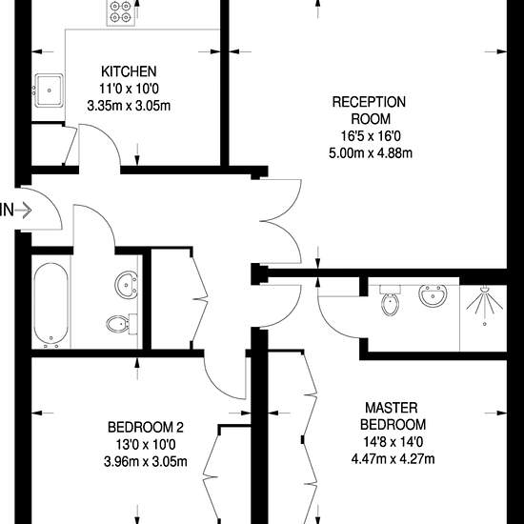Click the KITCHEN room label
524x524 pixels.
pyautogui.click(x=129, y=71)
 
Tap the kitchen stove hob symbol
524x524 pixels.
pyautogui.click(x=121, y=12)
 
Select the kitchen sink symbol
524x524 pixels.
pyautogui.click(x=49, y=91)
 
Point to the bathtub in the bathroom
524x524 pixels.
pyautogui.click(x=51, y=305)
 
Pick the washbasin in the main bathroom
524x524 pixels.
pyautogui.click(x=127, y=284)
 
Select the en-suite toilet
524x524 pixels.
pyautogui.click(x=390, y=300)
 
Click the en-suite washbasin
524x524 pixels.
pyautogui.click(x=433, y=295)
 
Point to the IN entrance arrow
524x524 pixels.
pyautogui.click(x=23, y=211)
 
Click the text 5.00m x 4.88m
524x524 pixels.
pyautogui.click(x=371, y=153)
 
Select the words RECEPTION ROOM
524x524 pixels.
pyautogui.click(x=370, y=111)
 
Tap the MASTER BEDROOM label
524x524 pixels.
pyautogui.click(x=393, y=416)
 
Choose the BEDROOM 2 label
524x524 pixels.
pyautogui.click(x=146, y=428)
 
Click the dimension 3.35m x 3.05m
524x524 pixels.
pyautogui.click(x=129, y=107)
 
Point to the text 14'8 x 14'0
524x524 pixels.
pyautogui.click(x=393, y=442)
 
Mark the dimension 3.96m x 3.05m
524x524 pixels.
pyautogui.click(x=146, y=462)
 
